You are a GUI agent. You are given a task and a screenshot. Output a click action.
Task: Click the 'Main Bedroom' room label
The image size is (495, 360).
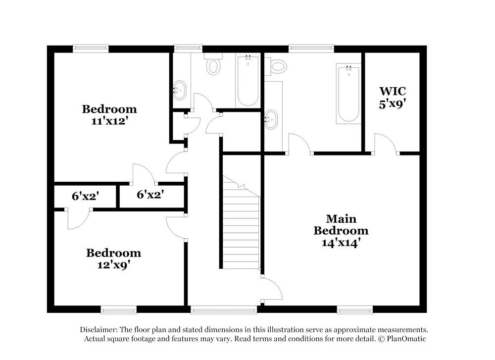tap(341, 224)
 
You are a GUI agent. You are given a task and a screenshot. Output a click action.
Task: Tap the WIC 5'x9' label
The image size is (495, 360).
tap(393, 97)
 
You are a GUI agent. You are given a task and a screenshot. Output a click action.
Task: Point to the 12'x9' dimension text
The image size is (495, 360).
tap(113, 264)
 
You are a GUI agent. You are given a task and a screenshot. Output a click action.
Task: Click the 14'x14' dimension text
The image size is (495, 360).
tap(341, 243)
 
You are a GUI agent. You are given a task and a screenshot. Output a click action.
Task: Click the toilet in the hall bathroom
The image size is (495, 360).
tap(213, 64)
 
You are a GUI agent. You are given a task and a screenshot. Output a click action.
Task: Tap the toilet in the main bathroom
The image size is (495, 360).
tap(278, 65)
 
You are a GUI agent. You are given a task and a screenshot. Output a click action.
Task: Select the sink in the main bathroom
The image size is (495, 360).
tap(271, 119)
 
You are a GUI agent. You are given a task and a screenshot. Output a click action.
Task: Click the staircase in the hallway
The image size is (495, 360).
tap(241, 223)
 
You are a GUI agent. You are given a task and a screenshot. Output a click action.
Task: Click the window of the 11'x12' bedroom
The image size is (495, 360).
tap(91, 48)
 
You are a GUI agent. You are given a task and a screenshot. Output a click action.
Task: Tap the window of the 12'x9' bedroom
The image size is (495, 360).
tap(118, 309)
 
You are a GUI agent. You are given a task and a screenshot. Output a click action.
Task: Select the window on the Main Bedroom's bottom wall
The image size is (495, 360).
tap(355, 309)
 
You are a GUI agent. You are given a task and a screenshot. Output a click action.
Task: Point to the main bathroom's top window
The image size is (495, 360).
tap(311, 48)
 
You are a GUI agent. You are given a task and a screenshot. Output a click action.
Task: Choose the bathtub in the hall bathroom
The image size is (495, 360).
tap(247, 80)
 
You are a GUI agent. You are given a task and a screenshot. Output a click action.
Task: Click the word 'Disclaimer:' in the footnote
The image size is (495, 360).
tap(98, 330)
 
